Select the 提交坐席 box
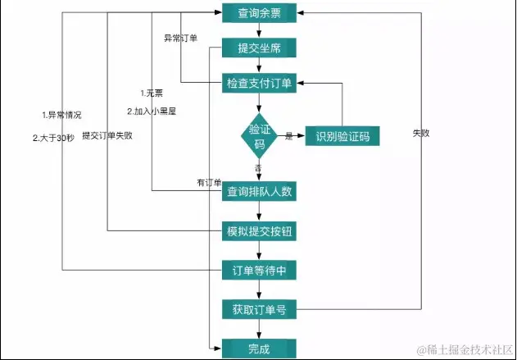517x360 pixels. tap(260, 48)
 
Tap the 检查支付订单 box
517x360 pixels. tap(260, 83)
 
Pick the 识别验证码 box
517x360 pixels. tap(337, 136)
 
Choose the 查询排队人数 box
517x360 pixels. tap(260, 192)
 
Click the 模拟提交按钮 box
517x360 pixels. tap(260, 231)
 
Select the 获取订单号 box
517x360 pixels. tap(260, 310)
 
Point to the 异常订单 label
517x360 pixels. tap(181, 39)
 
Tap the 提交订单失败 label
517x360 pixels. tap(107, 135)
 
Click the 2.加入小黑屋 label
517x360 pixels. tap(152, 111)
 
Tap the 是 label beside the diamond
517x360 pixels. tap(288, 136)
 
